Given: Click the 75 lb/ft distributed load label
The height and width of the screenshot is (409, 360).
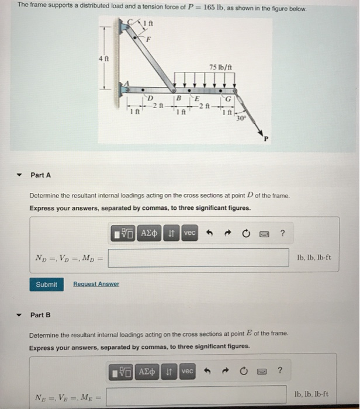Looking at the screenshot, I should tap(221, 67).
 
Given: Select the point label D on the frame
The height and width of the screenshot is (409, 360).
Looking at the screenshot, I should tap(150, 96).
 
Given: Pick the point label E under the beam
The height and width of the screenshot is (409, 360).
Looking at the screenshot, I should tap(198, 98).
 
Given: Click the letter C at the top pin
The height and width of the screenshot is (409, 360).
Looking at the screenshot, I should tap(129, 22).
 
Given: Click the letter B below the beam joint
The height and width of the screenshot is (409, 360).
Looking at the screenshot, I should tap(179, 98).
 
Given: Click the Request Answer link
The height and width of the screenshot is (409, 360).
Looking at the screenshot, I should tap(96, 284).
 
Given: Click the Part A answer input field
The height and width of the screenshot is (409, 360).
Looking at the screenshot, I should tap(198, 258).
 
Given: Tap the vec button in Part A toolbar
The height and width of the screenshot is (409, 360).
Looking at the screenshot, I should tap(189, 233).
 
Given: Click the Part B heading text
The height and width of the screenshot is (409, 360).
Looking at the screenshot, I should tap(40, 315).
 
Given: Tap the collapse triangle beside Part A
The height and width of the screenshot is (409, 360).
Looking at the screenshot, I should tap(19, 175).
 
